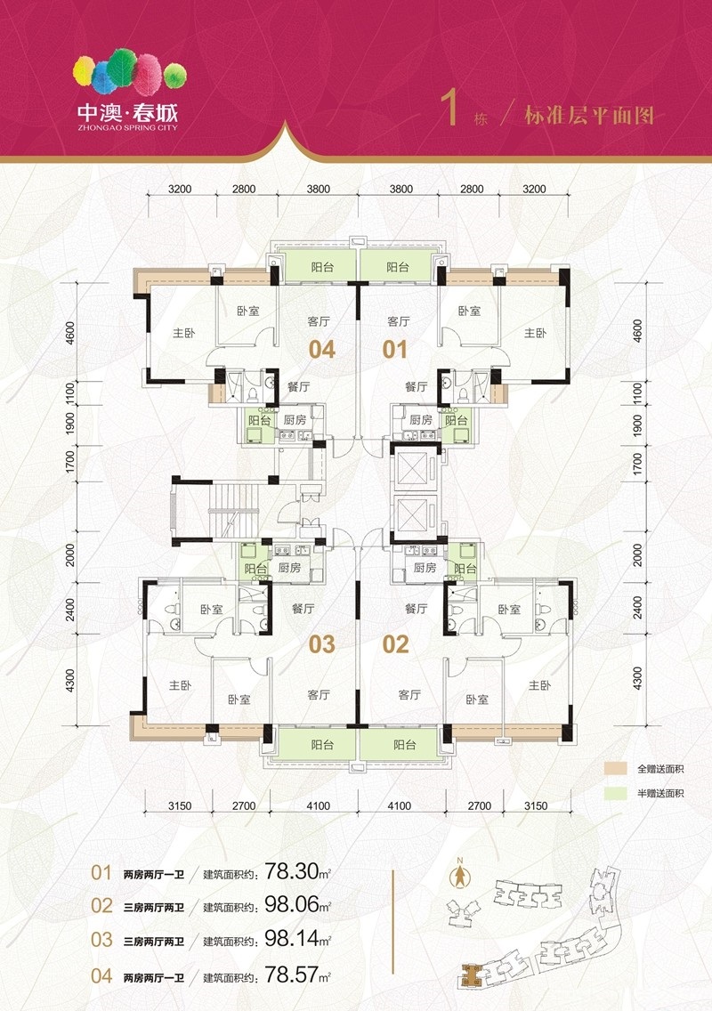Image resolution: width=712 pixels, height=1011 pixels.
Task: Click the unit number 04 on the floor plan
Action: point(322,350)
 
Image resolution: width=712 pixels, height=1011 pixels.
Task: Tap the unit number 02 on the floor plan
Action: point(395,644)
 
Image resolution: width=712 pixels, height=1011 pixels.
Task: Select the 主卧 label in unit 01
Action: point(535,333)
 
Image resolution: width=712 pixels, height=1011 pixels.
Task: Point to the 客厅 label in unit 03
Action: point(319,694)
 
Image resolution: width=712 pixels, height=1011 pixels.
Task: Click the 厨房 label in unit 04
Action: point(295,420)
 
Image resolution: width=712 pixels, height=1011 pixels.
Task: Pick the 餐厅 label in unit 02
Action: point(416,608)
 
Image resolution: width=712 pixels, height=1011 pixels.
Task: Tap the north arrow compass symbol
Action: point(460,874)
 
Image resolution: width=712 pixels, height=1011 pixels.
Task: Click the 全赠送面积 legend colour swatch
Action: point(616,769)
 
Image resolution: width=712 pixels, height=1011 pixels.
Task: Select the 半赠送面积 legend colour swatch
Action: point(616,793)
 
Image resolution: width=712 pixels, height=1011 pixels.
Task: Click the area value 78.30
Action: point(292,872)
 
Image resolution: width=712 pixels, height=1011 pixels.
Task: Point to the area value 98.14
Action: point(292,938)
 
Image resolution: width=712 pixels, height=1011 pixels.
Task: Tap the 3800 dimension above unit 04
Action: point(318,189)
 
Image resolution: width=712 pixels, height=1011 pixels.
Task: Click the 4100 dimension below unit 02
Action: point(400,805)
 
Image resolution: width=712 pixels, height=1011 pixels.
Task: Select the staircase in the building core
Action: point(233,510)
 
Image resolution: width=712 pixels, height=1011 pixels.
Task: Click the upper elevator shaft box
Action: point(414,468)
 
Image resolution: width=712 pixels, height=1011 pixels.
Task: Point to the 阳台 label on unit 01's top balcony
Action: point(397,267)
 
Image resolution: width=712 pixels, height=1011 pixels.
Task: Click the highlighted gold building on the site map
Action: point(472,975)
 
